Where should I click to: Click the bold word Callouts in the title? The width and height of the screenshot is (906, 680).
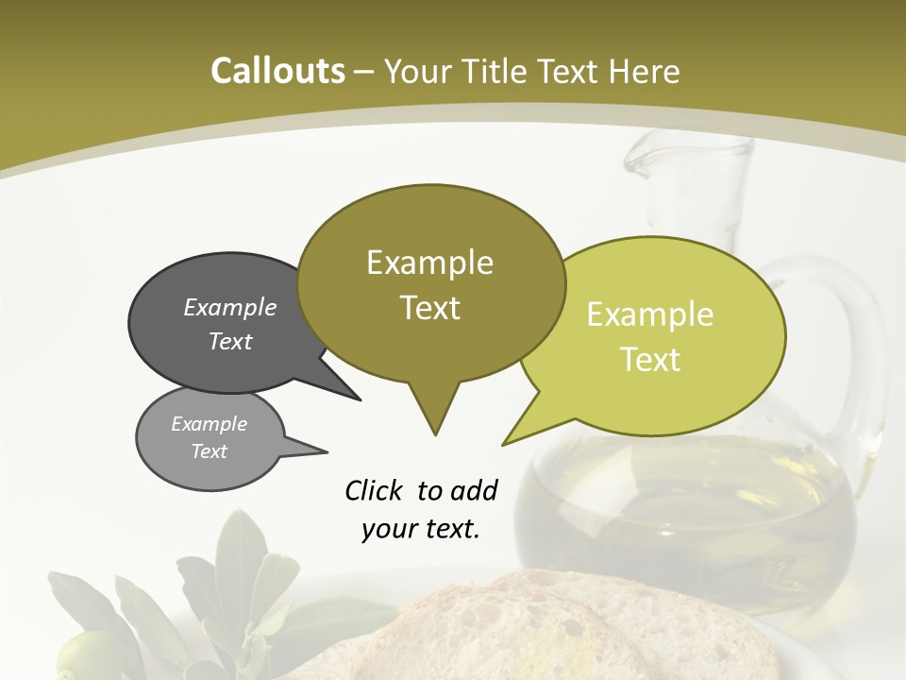(277, 71)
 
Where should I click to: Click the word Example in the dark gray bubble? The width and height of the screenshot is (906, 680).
(230, 307)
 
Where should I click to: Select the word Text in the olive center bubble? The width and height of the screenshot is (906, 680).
(430, 308)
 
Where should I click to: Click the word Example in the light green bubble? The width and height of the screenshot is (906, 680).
(650, 314)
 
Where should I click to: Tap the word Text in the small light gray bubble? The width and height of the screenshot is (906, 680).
(210, 451)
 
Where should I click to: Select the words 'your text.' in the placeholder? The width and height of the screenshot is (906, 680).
(421, 529)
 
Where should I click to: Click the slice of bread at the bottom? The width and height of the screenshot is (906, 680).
(528, 633)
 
